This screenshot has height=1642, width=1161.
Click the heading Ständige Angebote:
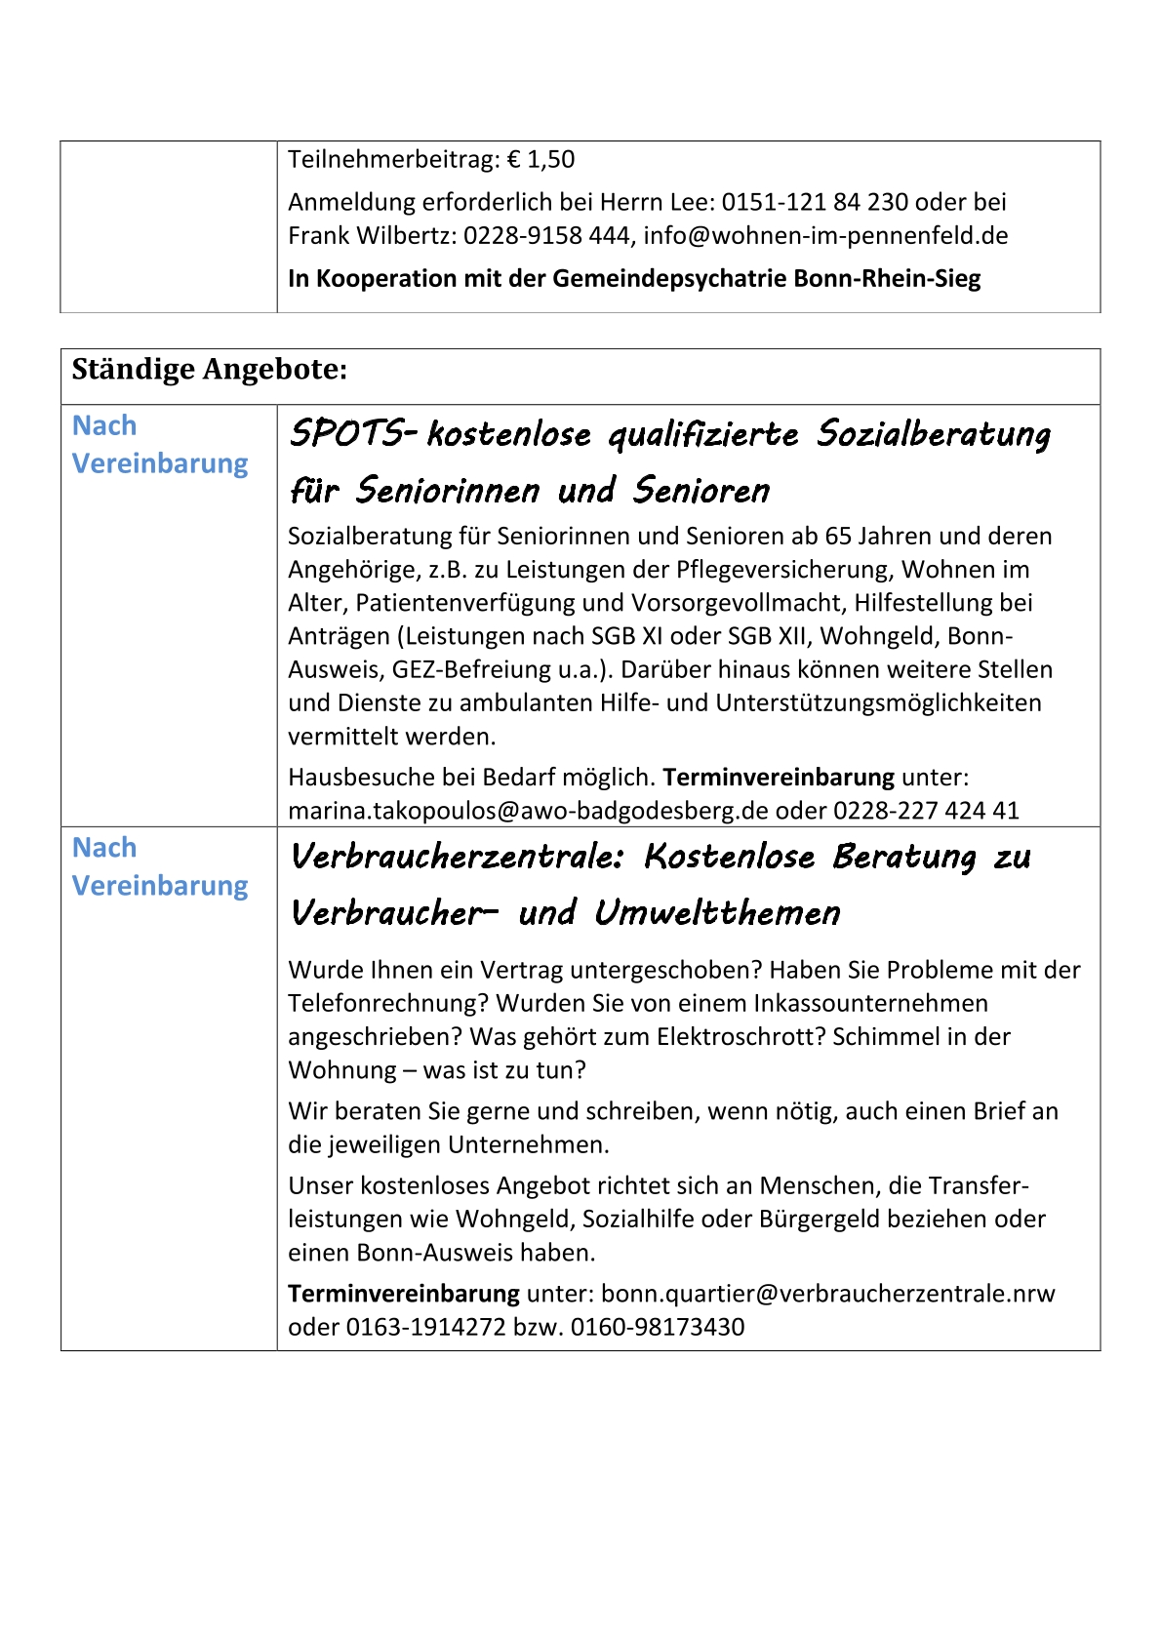tap(210, 370)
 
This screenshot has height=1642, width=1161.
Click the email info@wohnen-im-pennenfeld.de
tap(825, 235)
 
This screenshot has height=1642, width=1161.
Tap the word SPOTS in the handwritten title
tap(344, 433)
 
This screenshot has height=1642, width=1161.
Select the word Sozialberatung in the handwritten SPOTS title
tap(934, 433)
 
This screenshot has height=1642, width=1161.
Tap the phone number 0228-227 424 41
tap(926, 811)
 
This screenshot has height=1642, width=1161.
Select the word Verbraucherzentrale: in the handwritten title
tap(457, 857)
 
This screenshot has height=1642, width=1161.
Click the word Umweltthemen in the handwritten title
tap(717, 913)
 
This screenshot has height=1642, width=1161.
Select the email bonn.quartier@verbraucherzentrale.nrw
tap(828, 1294)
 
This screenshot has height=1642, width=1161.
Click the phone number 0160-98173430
tap(658, 1327)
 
